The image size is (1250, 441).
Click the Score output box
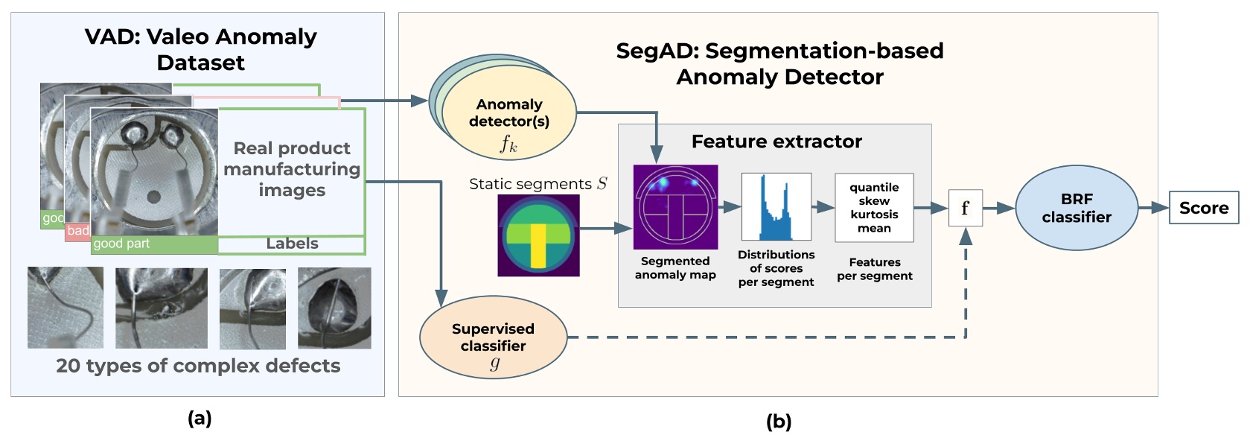pos(1203,208)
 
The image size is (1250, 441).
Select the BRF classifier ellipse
pos(1076,208)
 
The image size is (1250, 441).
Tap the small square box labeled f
pos(965,208)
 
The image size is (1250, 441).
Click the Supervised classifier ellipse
pos(493,338)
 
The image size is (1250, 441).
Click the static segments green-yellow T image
pos(538,235)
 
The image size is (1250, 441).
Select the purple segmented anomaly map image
pos(675,206)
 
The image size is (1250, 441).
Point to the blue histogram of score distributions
pos(776,206)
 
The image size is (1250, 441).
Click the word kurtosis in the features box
pos(874,215)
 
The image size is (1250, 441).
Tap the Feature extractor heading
pos(776,142)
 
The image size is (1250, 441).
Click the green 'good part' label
pos(121,244)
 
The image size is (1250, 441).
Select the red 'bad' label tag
pos(77,231)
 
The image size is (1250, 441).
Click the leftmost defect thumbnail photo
pos(65,308)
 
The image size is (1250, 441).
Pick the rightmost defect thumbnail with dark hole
pos(334,308)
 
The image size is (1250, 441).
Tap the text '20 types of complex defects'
pos(198,366)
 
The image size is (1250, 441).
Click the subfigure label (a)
pos(200,419)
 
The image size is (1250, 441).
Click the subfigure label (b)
pos(778,422)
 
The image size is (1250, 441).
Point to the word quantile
pos(874,187)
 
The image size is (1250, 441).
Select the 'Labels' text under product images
pos(292,244)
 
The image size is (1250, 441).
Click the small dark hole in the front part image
pos(153,197)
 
